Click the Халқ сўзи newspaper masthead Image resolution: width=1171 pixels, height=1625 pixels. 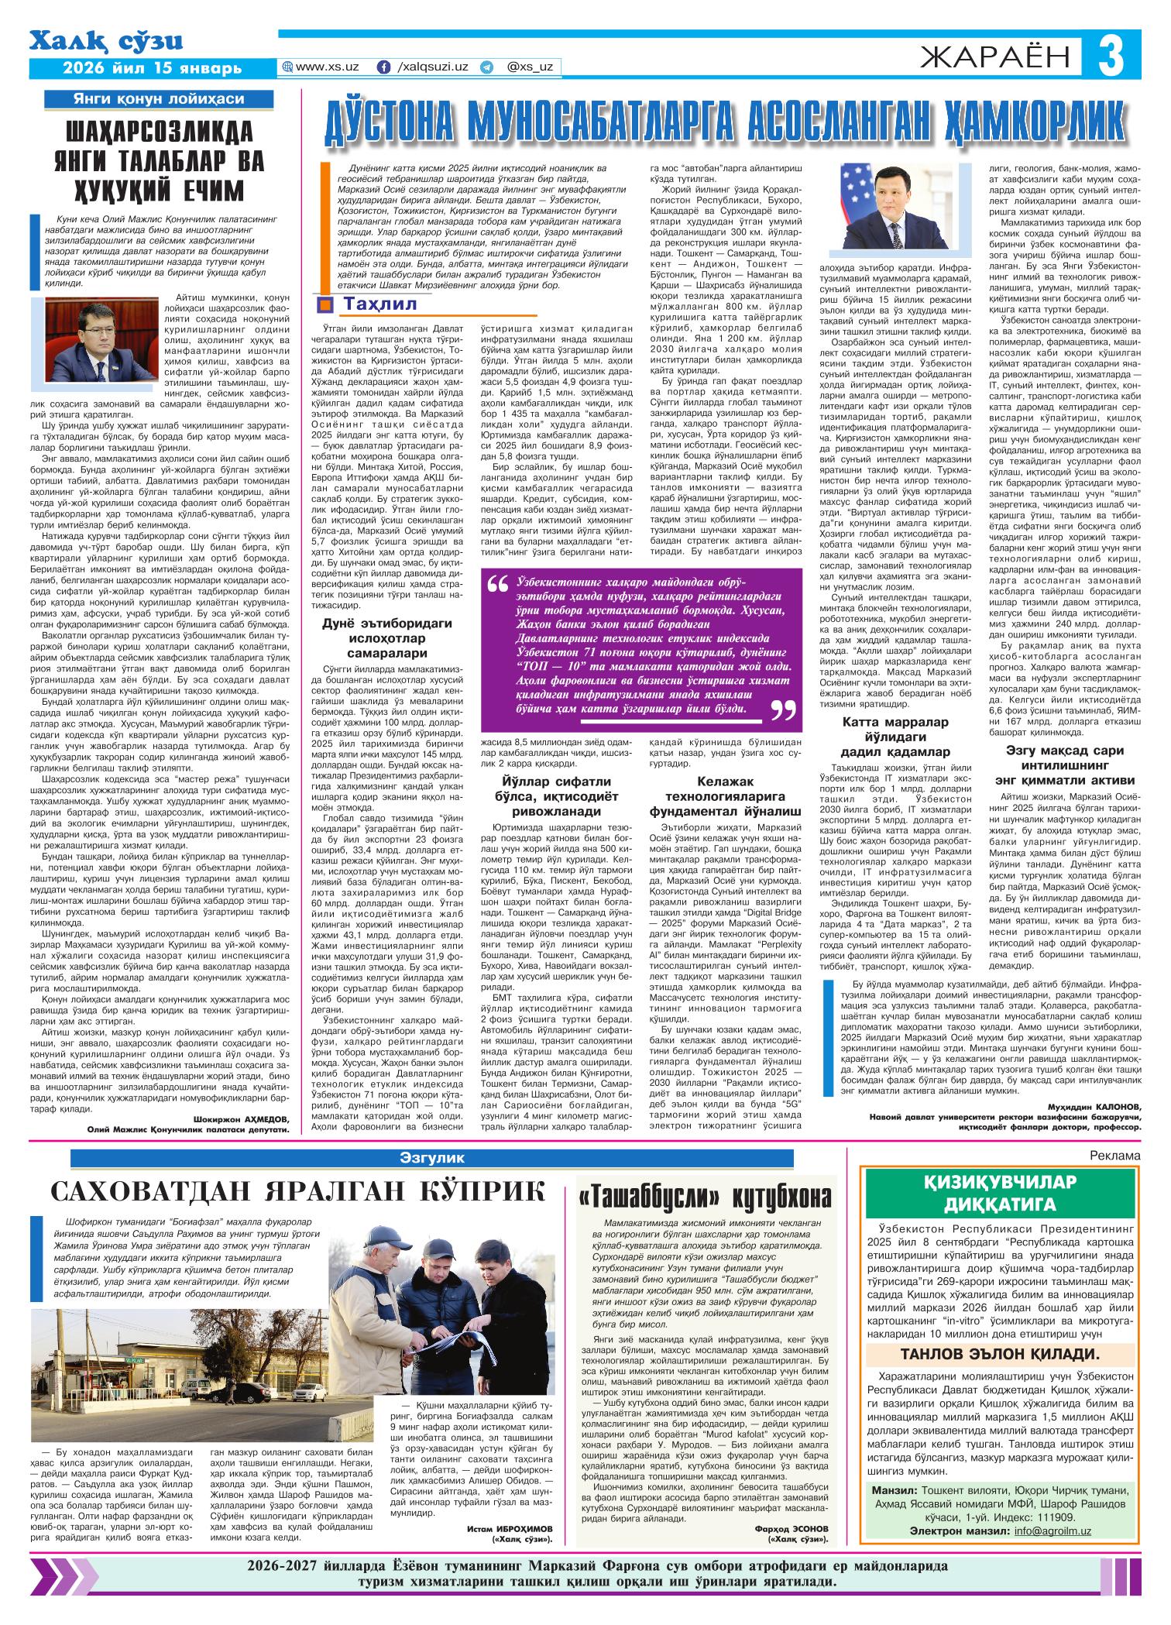pos(108,42)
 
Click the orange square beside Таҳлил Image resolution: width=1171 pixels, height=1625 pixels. pos(325,303)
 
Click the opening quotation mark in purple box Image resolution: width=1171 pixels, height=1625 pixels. pos(497,587)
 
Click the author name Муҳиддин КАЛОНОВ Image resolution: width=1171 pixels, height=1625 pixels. pos(1094,1106)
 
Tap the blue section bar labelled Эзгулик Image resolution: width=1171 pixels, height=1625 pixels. pos(432,1158)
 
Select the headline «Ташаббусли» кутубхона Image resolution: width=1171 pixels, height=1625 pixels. pos(705,1198)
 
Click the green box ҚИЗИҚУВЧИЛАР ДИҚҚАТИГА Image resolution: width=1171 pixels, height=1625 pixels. pos(999,1194)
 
